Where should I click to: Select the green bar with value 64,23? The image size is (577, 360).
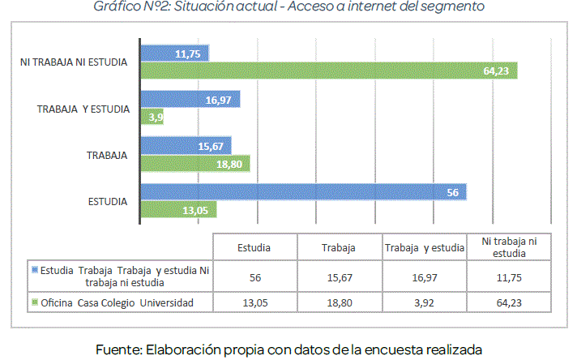[x=328, y=71]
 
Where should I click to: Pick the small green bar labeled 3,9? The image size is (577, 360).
[x=153, y=118]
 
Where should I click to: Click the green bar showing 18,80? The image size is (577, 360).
[x=194, y=164]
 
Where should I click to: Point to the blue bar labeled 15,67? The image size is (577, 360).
[x=186, y=146]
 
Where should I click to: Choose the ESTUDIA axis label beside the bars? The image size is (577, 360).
[x=107, y=201]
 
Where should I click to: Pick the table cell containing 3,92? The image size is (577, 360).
[x=424, y=302]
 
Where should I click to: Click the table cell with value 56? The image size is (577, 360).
[x=254, y=276]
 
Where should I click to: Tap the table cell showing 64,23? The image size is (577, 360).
[x=510, y=302]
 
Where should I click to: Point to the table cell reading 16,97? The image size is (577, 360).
[x=424, y=276]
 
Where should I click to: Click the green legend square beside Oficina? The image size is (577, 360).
[x=34, y=302]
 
